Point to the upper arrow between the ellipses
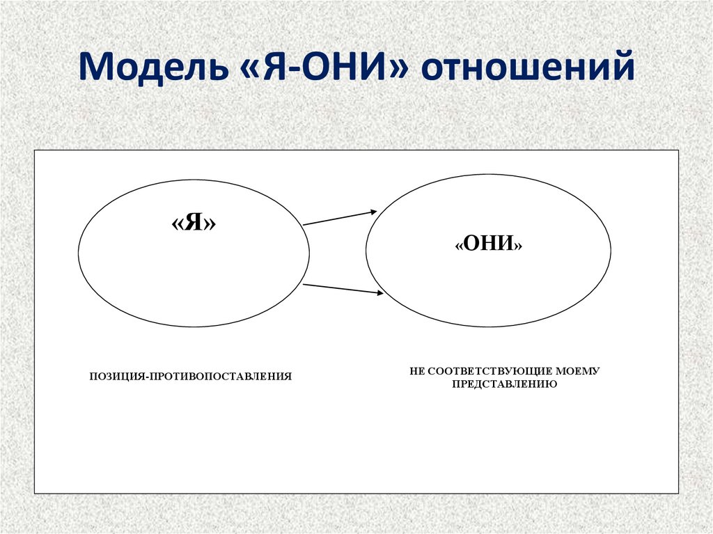[340, 217]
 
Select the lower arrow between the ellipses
[343, 289]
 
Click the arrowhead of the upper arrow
[373, 211]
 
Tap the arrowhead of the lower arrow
[379, 294]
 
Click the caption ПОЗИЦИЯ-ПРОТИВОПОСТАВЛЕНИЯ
[189, 376]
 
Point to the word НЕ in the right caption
[416, 371]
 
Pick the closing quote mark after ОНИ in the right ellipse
[518, 246]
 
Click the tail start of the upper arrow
[305, 224]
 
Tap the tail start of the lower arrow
[305, 284]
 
